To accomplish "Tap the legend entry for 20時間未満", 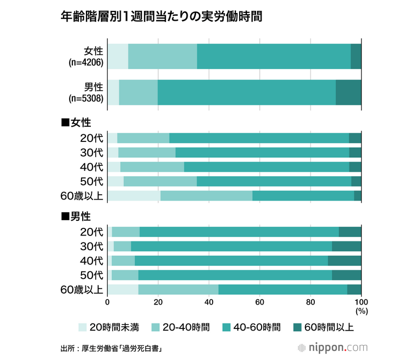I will point(108,327).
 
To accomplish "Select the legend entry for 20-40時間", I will point(182,327).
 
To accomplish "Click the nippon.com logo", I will point(334,346).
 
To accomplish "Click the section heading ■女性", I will point(76,122).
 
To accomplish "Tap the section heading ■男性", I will point(76,216).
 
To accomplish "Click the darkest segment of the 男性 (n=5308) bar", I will point(349,92).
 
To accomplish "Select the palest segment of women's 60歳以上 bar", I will point(134,196).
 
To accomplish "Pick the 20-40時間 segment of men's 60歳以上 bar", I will point(178,289).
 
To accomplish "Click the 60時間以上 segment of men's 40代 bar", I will point(345,260).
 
